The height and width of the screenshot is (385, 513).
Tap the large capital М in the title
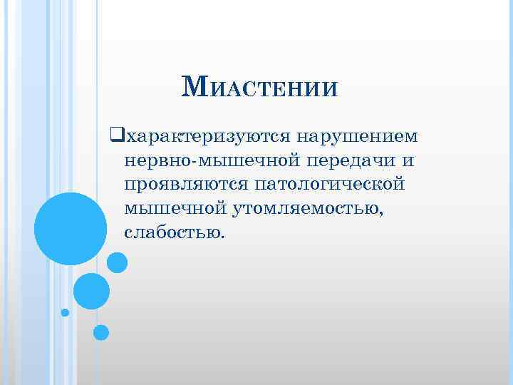(x=195, y=87)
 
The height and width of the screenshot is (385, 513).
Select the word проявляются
(x=184, y=184)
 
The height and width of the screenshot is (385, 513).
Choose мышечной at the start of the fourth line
(x=176, y=208)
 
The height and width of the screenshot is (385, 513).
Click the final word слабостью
(x=172, y=232)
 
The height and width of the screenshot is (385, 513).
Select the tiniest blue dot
(x=66, y=312)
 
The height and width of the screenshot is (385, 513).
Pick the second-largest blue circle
(x=91, y=291)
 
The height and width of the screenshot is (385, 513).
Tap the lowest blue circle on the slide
(x=101, y=332)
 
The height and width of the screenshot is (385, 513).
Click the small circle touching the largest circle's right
(x=117, y=263)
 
